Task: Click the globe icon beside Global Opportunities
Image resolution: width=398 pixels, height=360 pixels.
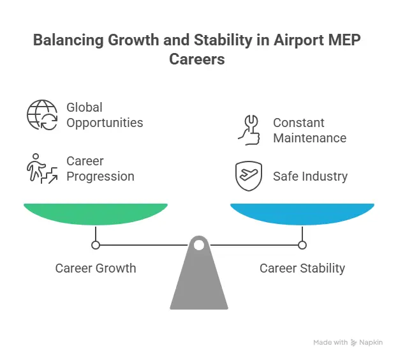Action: point(41,115)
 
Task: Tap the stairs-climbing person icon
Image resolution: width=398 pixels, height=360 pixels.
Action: point(41,169)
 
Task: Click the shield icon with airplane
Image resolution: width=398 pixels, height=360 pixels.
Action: point(249,176)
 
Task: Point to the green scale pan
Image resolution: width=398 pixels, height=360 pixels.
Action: point(96,213)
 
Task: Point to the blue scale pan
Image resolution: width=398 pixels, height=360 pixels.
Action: point(302,213)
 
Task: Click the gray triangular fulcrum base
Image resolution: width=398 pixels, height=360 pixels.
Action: point(199,281)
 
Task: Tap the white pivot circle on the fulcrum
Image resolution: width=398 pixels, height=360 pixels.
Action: point(199,244)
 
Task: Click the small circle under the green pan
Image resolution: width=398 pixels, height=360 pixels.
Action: point(96,244)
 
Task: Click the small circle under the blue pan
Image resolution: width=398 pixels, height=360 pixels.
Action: point(302,244)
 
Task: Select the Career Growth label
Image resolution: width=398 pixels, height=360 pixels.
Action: point(96,268)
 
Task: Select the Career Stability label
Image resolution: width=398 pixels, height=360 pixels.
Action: point(302,268)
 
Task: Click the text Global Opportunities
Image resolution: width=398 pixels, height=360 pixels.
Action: point(105,115)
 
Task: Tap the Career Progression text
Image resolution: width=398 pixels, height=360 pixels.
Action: point(100,169)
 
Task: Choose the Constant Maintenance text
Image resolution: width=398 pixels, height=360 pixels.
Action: point(309,130)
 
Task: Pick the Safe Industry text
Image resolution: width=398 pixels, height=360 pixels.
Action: point(310,176)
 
